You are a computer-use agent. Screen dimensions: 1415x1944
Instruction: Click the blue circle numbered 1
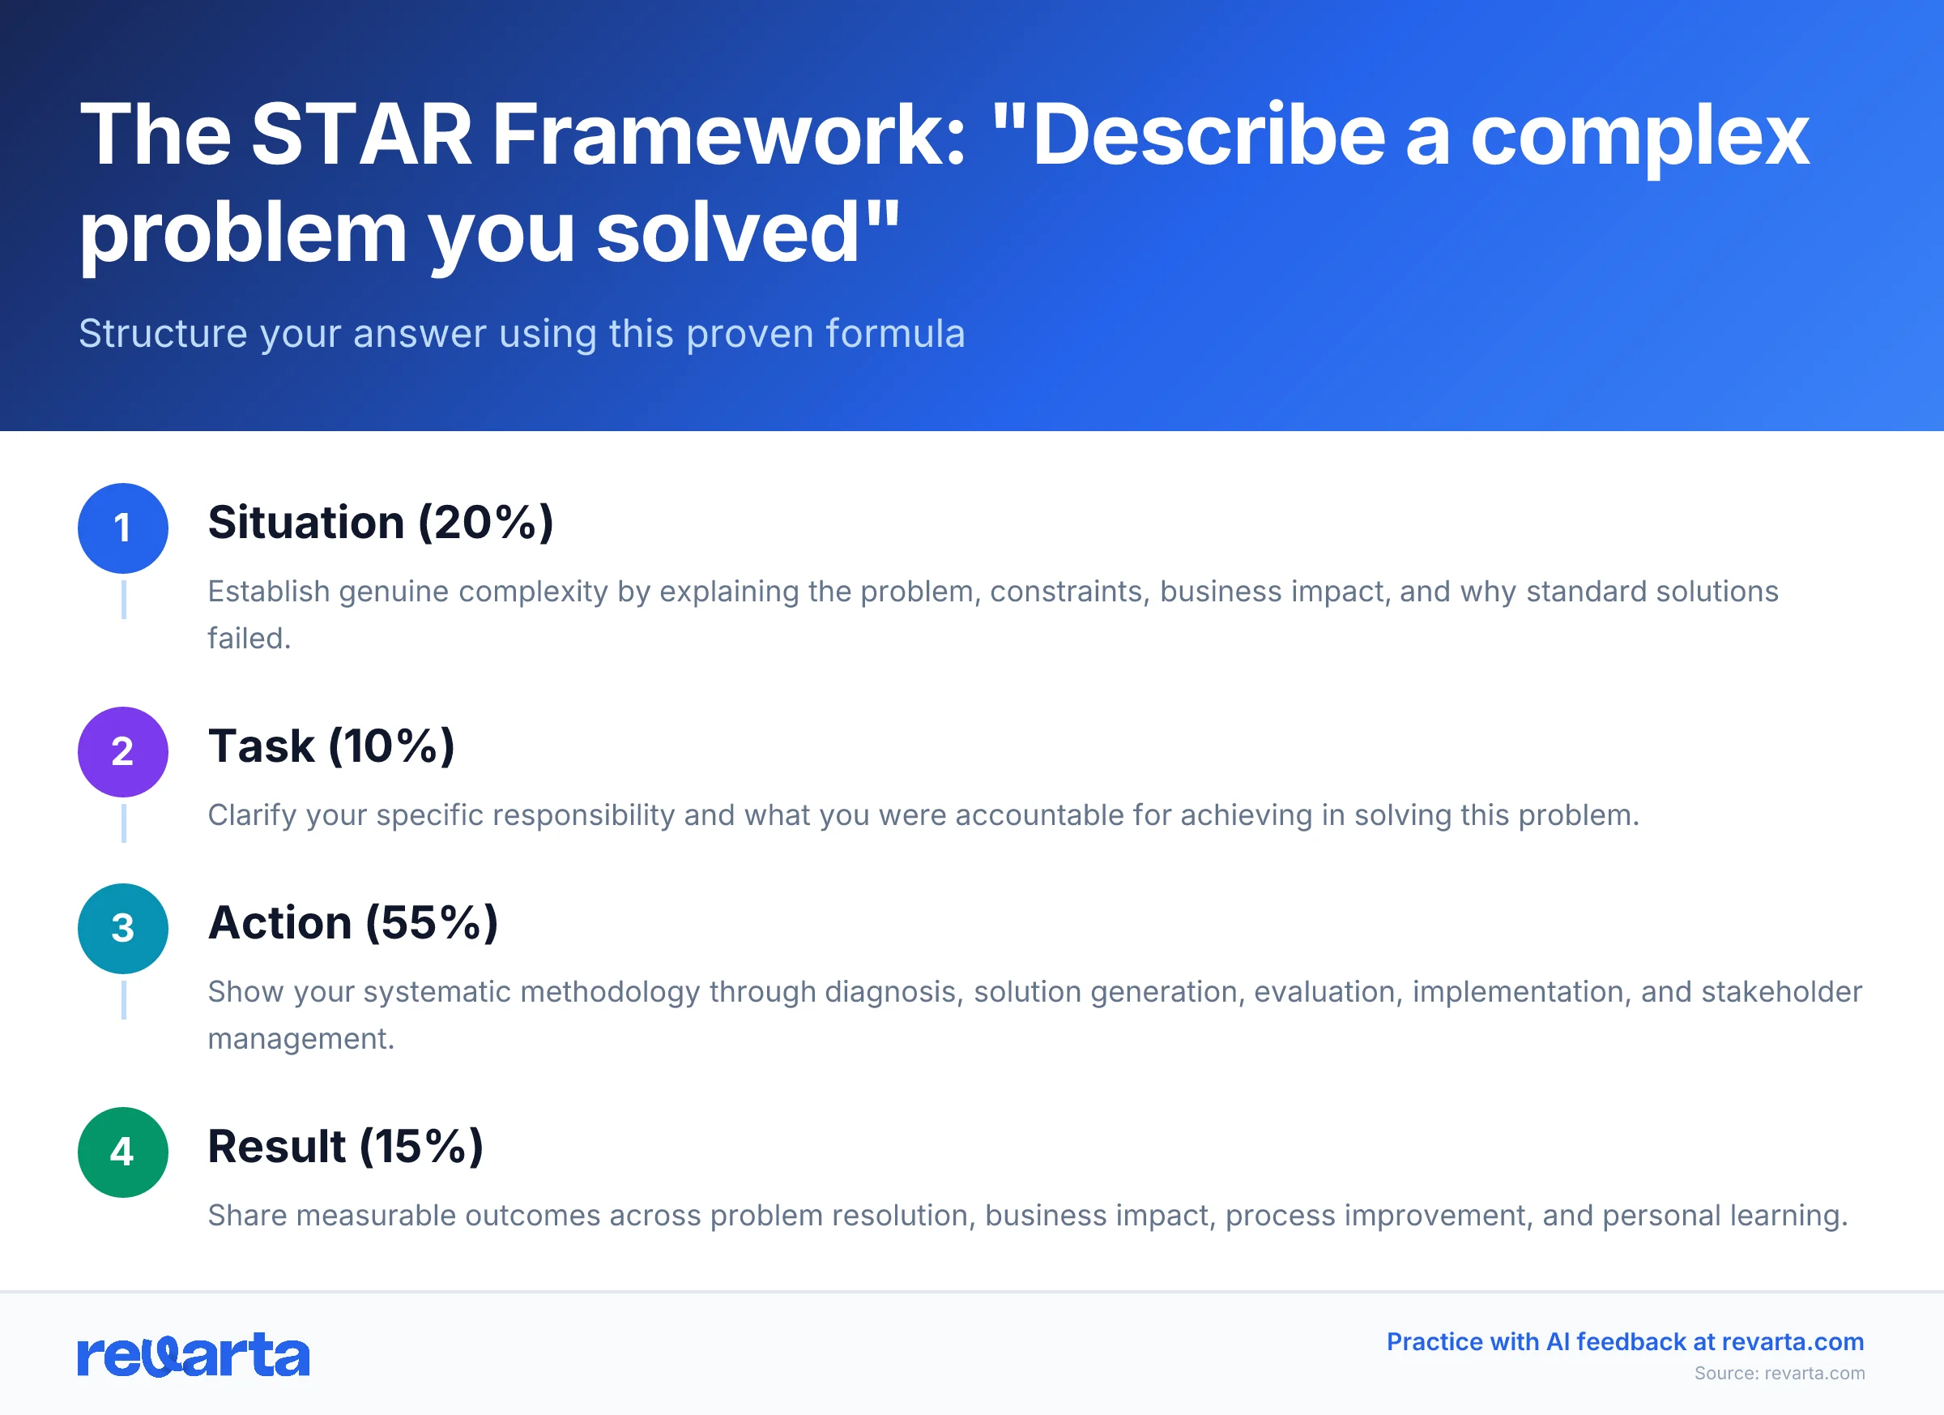122,528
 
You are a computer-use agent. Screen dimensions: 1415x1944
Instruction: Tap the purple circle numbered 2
122,752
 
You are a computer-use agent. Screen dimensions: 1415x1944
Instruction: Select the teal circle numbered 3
122,929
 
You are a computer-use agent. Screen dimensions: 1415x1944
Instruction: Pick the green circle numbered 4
122,1152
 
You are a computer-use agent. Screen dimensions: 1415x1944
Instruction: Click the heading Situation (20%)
380,523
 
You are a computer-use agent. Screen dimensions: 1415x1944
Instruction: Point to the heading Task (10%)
330,746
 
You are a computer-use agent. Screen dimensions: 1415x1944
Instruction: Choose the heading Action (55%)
352,924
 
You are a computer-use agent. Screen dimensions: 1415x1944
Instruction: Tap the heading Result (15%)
345,1147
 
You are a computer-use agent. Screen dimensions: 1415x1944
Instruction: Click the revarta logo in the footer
193,1356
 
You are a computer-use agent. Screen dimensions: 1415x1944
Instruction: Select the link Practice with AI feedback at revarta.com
1625,1342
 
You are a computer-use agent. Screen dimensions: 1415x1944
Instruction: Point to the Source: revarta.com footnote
1780,1374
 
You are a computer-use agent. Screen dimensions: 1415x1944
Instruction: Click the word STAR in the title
361,135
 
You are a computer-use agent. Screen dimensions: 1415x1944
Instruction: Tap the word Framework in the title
728,135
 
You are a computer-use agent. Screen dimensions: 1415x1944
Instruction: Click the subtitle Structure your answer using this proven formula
521,334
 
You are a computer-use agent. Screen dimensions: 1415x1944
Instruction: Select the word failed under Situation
249,639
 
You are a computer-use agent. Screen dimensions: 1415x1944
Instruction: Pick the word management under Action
300,1040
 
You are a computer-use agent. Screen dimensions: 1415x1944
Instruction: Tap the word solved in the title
727,233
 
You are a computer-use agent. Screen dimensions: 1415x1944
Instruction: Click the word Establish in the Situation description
268,592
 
